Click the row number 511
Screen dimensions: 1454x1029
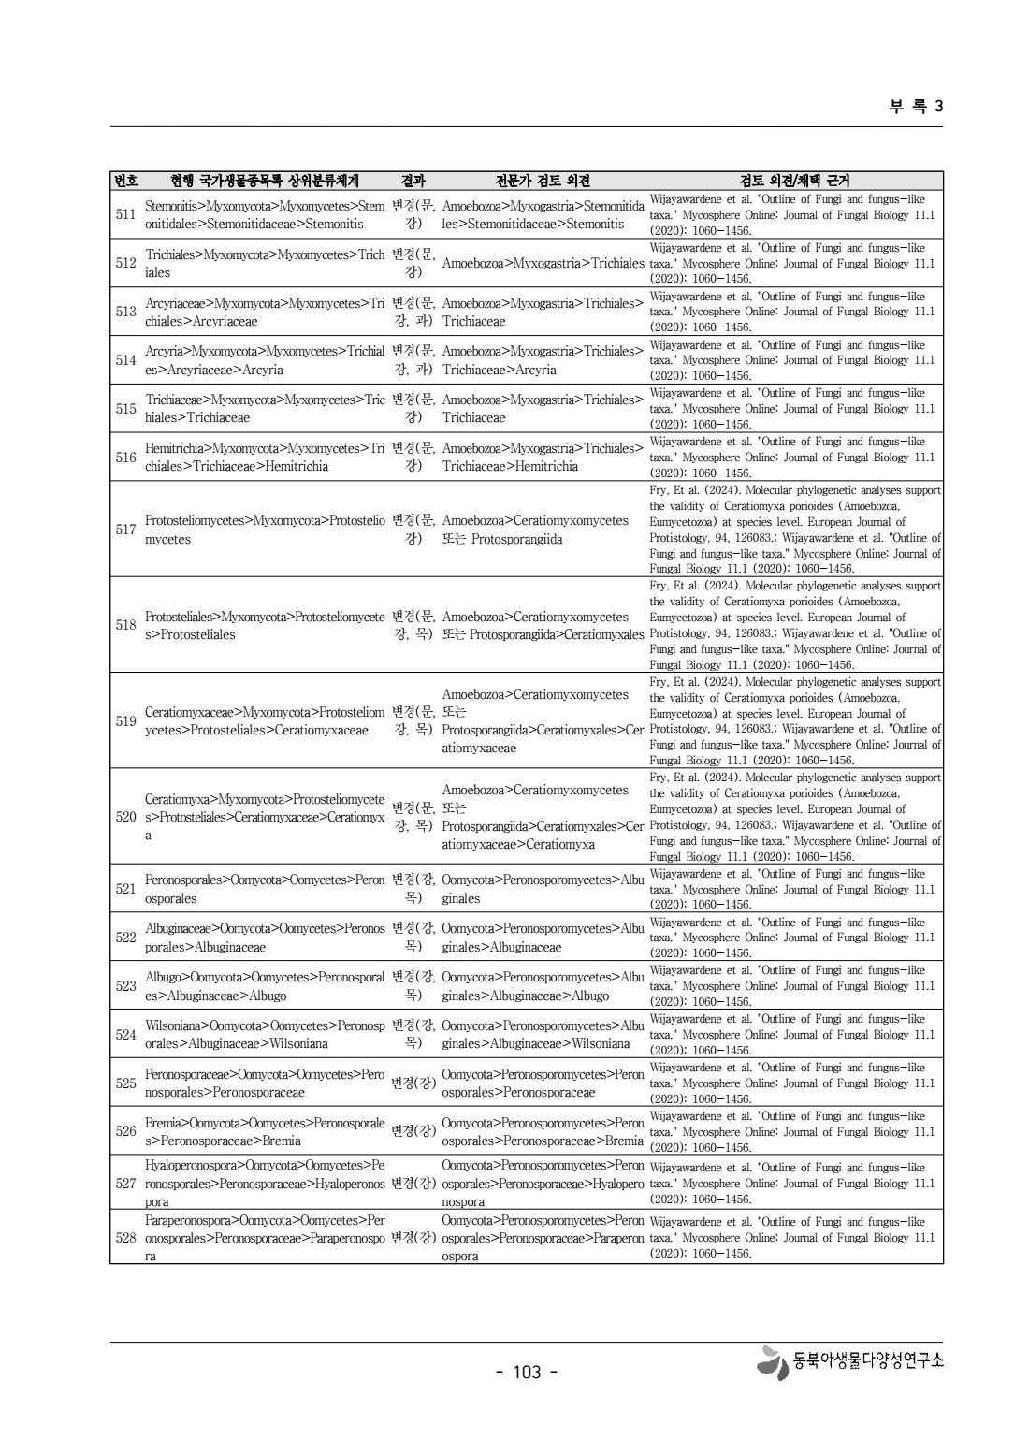pos(125,214)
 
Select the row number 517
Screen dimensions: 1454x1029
pos(125,530)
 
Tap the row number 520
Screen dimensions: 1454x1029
pos(125,817)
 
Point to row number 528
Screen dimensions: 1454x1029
pos(125,1238)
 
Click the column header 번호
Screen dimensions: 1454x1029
pos(125,181)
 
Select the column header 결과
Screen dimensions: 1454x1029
pos(413,181)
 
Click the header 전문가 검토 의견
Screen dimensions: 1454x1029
pos(543,181)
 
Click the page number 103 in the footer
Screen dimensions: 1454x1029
pos(527,1372)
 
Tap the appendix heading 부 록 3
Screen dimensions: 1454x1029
pos(915,106)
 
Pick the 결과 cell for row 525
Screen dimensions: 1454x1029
pos(413,1083)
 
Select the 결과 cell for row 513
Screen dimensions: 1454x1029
pos(413,312)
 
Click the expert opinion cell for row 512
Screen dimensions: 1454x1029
pos(543,263)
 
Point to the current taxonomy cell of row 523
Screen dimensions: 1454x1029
pos(265,986)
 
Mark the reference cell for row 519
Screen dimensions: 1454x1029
pos(795,720)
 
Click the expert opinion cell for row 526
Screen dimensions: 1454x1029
pos(543,1131)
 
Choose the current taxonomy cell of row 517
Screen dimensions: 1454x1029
pos(265,530)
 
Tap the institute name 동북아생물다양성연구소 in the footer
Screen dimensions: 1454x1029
pos(867,1361)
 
